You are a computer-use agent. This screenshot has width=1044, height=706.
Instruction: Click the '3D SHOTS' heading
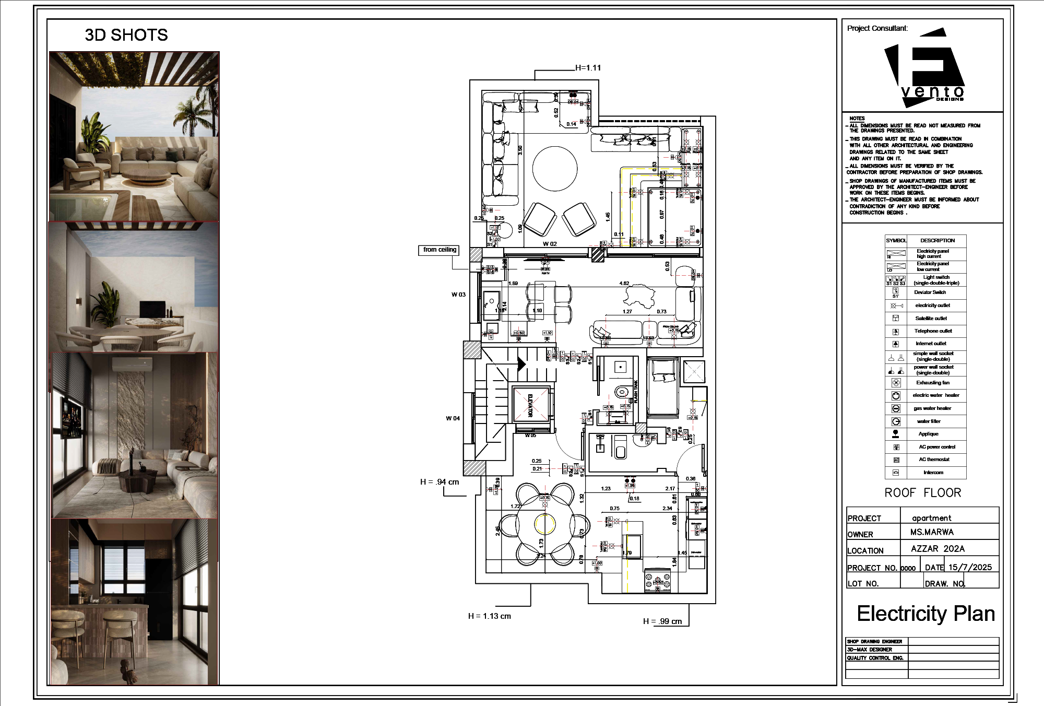[126, 35]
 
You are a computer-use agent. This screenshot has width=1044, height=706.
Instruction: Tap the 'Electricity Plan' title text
[926, 614]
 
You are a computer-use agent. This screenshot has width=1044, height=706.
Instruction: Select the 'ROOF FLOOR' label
[922, 492]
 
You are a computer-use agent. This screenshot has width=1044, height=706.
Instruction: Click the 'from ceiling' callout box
[440, 250]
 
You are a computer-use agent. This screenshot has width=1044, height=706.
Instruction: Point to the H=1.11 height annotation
[588, 68]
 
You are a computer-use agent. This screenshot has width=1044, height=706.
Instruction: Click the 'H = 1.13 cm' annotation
[489, 616]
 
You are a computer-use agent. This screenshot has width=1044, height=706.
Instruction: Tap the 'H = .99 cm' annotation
[662, 621]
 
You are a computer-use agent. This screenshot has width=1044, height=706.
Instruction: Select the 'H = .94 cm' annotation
[440, 482]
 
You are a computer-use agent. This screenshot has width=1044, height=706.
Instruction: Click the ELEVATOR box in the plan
[531, 405]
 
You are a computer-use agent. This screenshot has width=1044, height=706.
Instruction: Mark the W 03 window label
[458, 295]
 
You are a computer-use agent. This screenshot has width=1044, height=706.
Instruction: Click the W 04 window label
[453, 418]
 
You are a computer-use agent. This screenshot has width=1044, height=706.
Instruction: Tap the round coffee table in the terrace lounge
[555, 169]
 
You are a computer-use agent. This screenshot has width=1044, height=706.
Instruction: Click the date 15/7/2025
[970, 567]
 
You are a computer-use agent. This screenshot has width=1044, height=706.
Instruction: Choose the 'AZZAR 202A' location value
[938, 549]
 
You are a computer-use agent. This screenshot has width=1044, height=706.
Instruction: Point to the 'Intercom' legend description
[933, 473]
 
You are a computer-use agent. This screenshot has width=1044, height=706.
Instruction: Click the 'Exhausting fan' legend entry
[933, 383]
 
